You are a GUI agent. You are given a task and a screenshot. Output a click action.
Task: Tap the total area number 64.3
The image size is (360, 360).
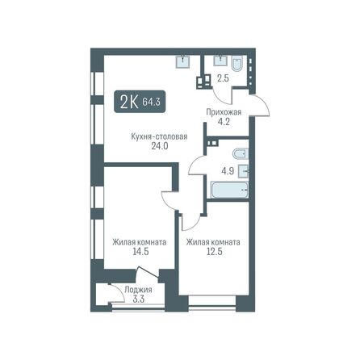(150, 102)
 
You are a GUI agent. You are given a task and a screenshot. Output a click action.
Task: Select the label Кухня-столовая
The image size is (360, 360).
(159, 136)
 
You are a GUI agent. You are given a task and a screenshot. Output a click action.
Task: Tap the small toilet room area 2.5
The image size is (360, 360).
(224, 78)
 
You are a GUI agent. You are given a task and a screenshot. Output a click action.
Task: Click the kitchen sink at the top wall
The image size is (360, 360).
(184, 61)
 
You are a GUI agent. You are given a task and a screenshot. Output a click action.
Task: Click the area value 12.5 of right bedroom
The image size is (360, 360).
(213, 252)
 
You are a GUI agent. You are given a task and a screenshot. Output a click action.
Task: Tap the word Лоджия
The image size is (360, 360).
(127, 289)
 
